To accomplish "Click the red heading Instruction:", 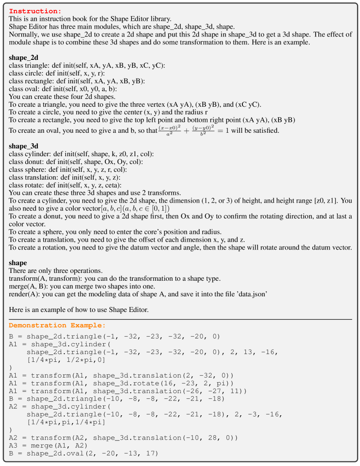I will pos(35,11).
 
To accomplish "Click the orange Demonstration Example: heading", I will pos(57,325).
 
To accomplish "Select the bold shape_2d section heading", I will pos(23,58).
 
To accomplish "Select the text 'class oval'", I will pos(25,89).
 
